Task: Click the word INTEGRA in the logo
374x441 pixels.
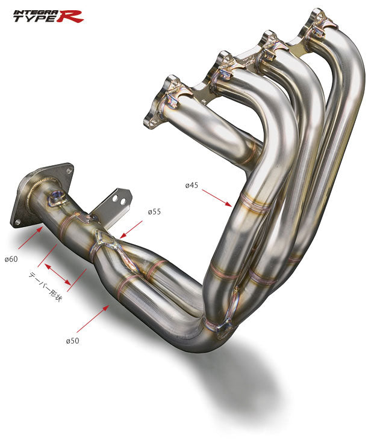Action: click(x=34, y=10)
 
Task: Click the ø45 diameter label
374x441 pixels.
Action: click(x=192, y=185)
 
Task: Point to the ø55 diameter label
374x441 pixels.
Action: click(x=154, y=212)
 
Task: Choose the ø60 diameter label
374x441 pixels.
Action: click(x=11, y=260)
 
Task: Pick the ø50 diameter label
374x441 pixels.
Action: click(x=73, y=341)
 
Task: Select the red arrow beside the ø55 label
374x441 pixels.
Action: click(x=131, y=229)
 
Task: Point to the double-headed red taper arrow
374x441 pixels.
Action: click(x=59, y=274)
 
